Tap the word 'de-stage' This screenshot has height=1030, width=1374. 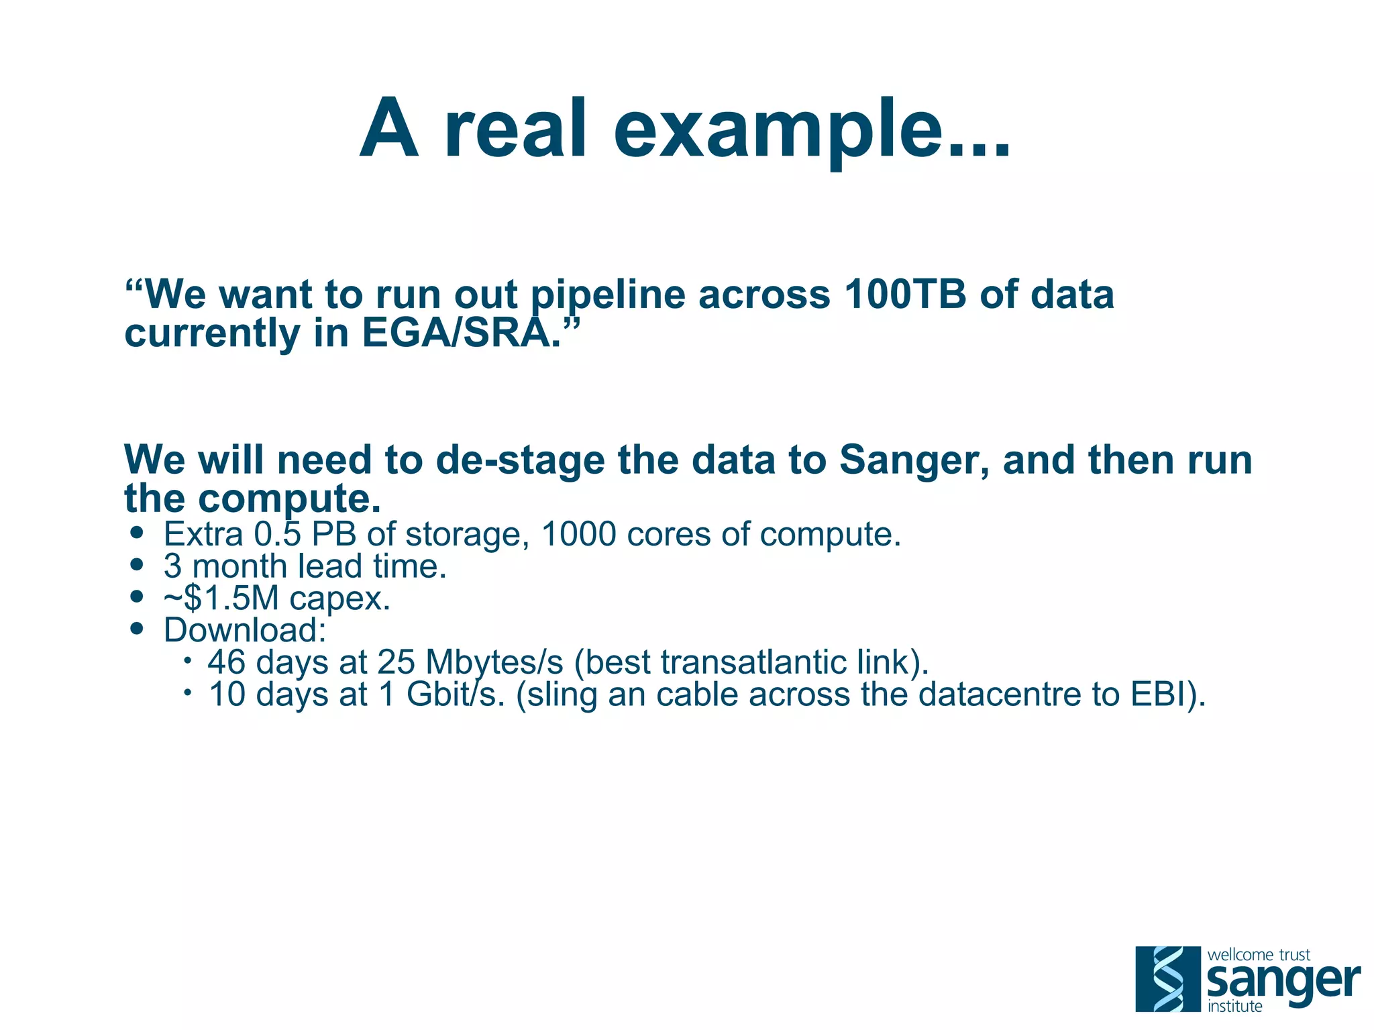tap(520, 462)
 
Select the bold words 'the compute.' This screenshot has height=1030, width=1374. tap(252, 499)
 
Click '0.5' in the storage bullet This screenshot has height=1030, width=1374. tap(278, 535)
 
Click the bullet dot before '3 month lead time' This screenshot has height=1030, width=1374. tap(138, 565)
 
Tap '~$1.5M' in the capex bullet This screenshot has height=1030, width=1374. tap(221, 598)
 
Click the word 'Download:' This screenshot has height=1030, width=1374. tap(245, 630)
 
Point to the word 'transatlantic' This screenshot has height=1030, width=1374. tap(753, 662)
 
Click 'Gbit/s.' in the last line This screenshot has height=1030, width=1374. tap(456, 694)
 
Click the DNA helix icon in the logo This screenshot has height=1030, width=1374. tap(1167, 978)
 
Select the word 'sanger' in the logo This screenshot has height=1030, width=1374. tap(1283, 982)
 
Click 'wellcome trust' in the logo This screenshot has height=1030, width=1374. tap(1258, 954)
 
